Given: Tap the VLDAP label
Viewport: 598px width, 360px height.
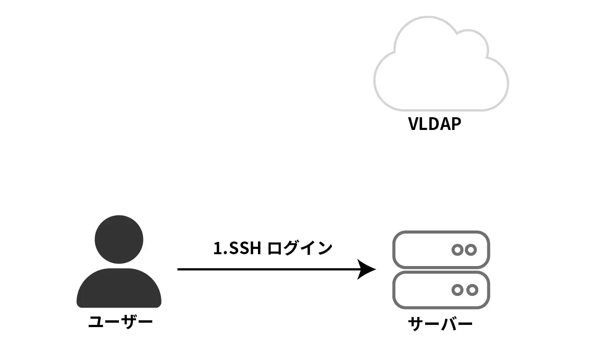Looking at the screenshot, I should pos(434,124).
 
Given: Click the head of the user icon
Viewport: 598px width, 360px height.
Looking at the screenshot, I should pos(119,240).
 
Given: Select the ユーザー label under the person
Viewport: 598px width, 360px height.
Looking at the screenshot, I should pos(120,323).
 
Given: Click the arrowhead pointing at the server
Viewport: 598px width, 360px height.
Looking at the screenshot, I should pos(366,269).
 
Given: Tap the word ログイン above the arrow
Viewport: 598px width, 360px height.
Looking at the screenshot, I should pos(300,248).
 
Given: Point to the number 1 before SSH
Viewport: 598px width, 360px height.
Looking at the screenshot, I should pos(217,248).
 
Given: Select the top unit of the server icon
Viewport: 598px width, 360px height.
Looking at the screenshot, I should pos(441,249).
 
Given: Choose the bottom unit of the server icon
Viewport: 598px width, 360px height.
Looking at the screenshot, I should pos(441,290).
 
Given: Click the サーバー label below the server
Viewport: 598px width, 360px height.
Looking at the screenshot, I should pos(440,325).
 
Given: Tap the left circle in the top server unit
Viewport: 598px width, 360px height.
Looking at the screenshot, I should pos(458,250).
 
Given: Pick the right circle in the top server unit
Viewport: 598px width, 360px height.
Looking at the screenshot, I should pos(471,250).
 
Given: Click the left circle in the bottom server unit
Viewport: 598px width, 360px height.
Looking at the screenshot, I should pos(458,290).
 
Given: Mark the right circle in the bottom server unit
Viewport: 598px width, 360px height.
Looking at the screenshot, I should pos(472,290).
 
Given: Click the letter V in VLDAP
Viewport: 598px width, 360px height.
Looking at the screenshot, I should pos(414,124).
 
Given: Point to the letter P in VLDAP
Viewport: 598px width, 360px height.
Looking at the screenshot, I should pos(456,124).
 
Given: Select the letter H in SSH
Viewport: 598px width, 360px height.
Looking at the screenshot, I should pos(256,248).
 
